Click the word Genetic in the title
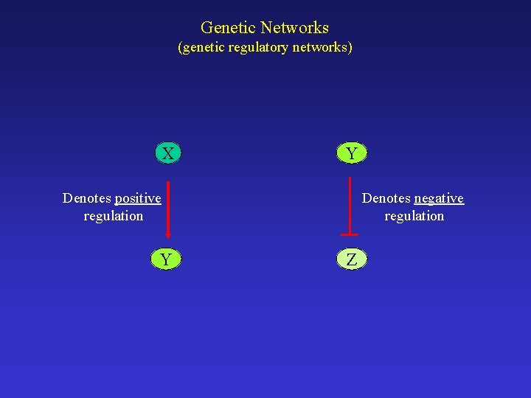point(226,28)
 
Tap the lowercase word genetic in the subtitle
point(204,48)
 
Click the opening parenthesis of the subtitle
point(180,48)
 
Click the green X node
point(168,153)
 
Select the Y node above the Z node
point(352,153)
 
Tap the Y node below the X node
point(167,259)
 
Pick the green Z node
point(352,259)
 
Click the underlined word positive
point(138,198)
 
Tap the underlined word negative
point(439,198)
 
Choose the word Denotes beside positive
point(87,198)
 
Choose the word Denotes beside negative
point(386,198)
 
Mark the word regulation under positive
point(113,216)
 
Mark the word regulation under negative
point(414,216)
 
